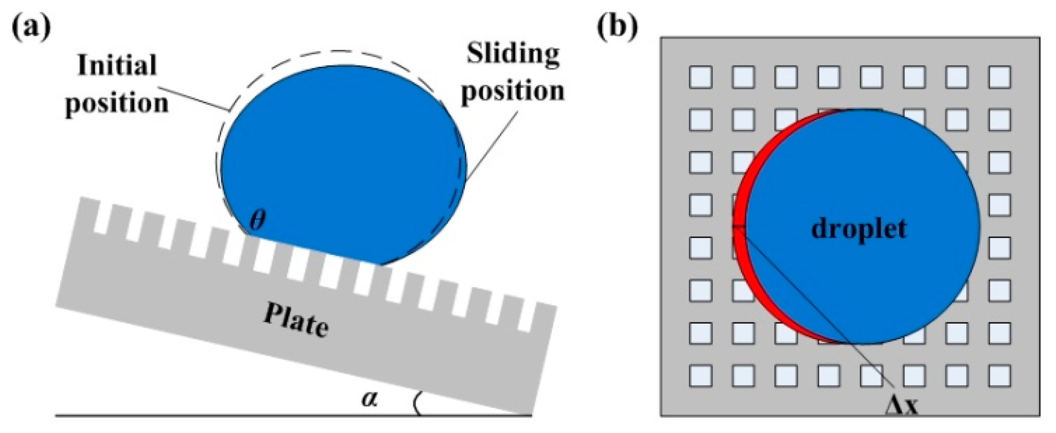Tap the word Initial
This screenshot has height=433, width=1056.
pyautogui.click(x=117, y=66)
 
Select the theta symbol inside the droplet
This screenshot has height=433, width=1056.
pyautogui.click(x=257, y=220)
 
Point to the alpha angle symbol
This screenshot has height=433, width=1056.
pyautogui.click(x=369, y=398)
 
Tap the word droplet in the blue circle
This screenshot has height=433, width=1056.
pyautogui.click(x=859, y=228)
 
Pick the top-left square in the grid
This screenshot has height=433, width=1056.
pyautogui.click(x=701, y=78)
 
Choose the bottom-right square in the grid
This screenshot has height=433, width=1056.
pyautogui.click(x=999, y=375)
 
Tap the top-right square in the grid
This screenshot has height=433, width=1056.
pyautogui.click(x=999, y=78)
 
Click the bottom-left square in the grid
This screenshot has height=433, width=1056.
pyautogui.click(x=701, y=375)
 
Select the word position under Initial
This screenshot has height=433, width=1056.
pyautogui.click(x=117, y=103)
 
